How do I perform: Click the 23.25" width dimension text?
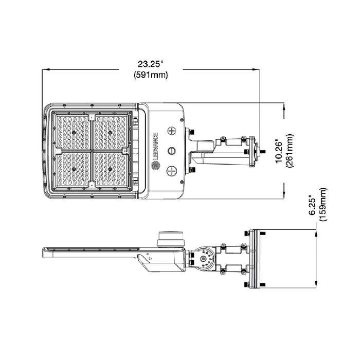[x=150, y=64]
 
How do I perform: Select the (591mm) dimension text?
[x=150, y=75]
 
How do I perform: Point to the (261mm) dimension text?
[x=290, y=151]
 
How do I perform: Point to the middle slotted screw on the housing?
[x=172, y=151]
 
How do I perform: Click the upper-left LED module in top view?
[x=73, y=132]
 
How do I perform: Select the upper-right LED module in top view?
[x=110, y=132]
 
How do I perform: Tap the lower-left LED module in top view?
[x=73, y=169]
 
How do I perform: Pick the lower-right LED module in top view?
[x=110, y=169]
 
